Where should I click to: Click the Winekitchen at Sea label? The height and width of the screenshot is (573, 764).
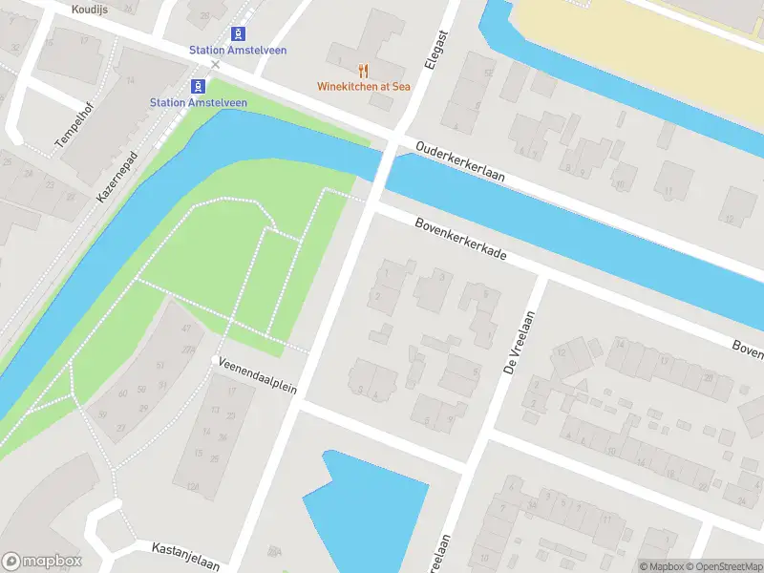(364, 86)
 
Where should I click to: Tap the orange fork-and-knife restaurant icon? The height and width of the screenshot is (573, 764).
(363, 70)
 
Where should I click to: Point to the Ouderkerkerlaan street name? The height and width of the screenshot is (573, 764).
(460, 163)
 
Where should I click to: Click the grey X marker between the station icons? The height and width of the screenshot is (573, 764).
(215, 65)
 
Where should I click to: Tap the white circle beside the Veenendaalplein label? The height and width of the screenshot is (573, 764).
(216, 359)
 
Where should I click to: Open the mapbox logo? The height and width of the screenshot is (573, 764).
(42, 561)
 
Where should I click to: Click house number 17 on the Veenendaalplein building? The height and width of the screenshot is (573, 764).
(231, 391)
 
